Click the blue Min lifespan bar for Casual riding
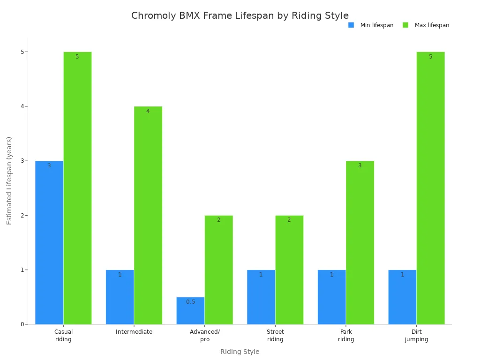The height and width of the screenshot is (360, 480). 49,242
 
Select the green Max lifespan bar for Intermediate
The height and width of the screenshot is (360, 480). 148,215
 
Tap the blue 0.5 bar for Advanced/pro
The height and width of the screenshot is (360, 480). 190,311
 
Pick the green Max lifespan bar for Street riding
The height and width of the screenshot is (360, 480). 289,270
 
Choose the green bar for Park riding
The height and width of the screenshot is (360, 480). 360,242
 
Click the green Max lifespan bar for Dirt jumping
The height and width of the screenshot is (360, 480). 430,188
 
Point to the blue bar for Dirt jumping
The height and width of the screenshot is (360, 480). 402,297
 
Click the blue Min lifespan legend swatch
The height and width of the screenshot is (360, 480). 351,25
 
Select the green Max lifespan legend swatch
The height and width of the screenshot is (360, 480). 405,25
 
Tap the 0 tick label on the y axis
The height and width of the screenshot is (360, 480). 22,324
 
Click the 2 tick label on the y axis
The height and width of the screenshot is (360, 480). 22,216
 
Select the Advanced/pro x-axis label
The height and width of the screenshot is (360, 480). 205,336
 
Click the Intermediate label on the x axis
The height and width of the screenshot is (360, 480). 134,332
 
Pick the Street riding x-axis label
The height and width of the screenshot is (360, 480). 275,336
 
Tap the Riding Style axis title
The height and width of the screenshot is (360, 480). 240,352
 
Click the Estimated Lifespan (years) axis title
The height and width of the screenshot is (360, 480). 9,180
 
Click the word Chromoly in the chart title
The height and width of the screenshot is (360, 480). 153,16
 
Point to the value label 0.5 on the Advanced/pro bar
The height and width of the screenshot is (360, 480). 190,302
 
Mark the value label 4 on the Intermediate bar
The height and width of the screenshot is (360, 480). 148,111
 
